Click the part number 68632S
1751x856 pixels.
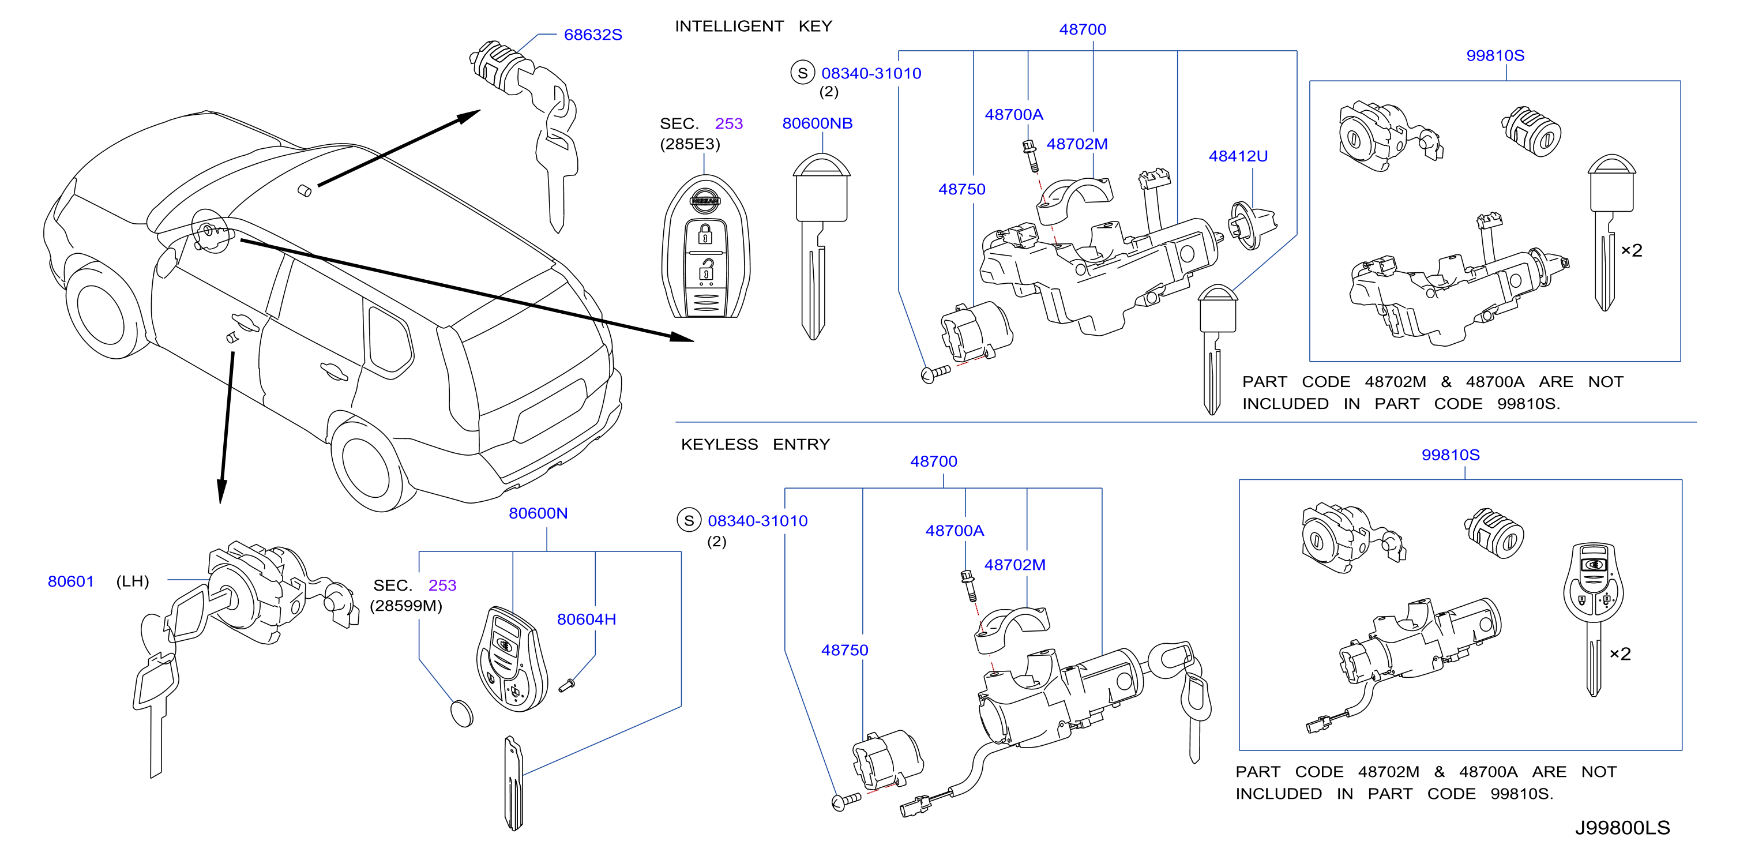coord(593,35)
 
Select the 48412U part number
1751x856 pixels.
coord(1238,156)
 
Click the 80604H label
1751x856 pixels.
coord(586,619)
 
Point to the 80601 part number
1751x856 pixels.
coord(71,581)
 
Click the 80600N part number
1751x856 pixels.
coord(538,513)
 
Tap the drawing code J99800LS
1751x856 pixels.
coord(1622,827)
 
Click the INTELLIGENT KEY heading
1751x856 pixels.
coord(753,26)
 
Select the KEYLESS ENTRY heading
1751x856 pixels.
coord(755,444)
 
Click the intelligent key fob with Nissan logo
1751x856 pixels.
coord(705,246)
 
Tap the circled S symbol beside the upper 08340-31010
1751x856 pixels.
coord(802,73)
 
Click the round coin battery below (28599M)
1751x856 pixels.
coord(462,713)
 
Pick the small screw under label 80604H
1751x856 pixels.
coord(567,685)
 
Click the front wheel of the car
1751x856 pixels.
coord(102,309)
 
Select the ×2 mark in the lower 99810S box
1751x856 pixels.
coord(1620,654)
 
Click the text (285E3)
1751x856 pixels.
coord(689,144)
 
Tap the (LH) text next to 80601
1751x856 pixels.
coord(133,581)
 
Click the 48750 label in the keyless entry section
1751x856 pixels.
coord(844,649)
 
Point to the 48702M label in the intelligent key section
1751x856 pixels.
coord(1077,144)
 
